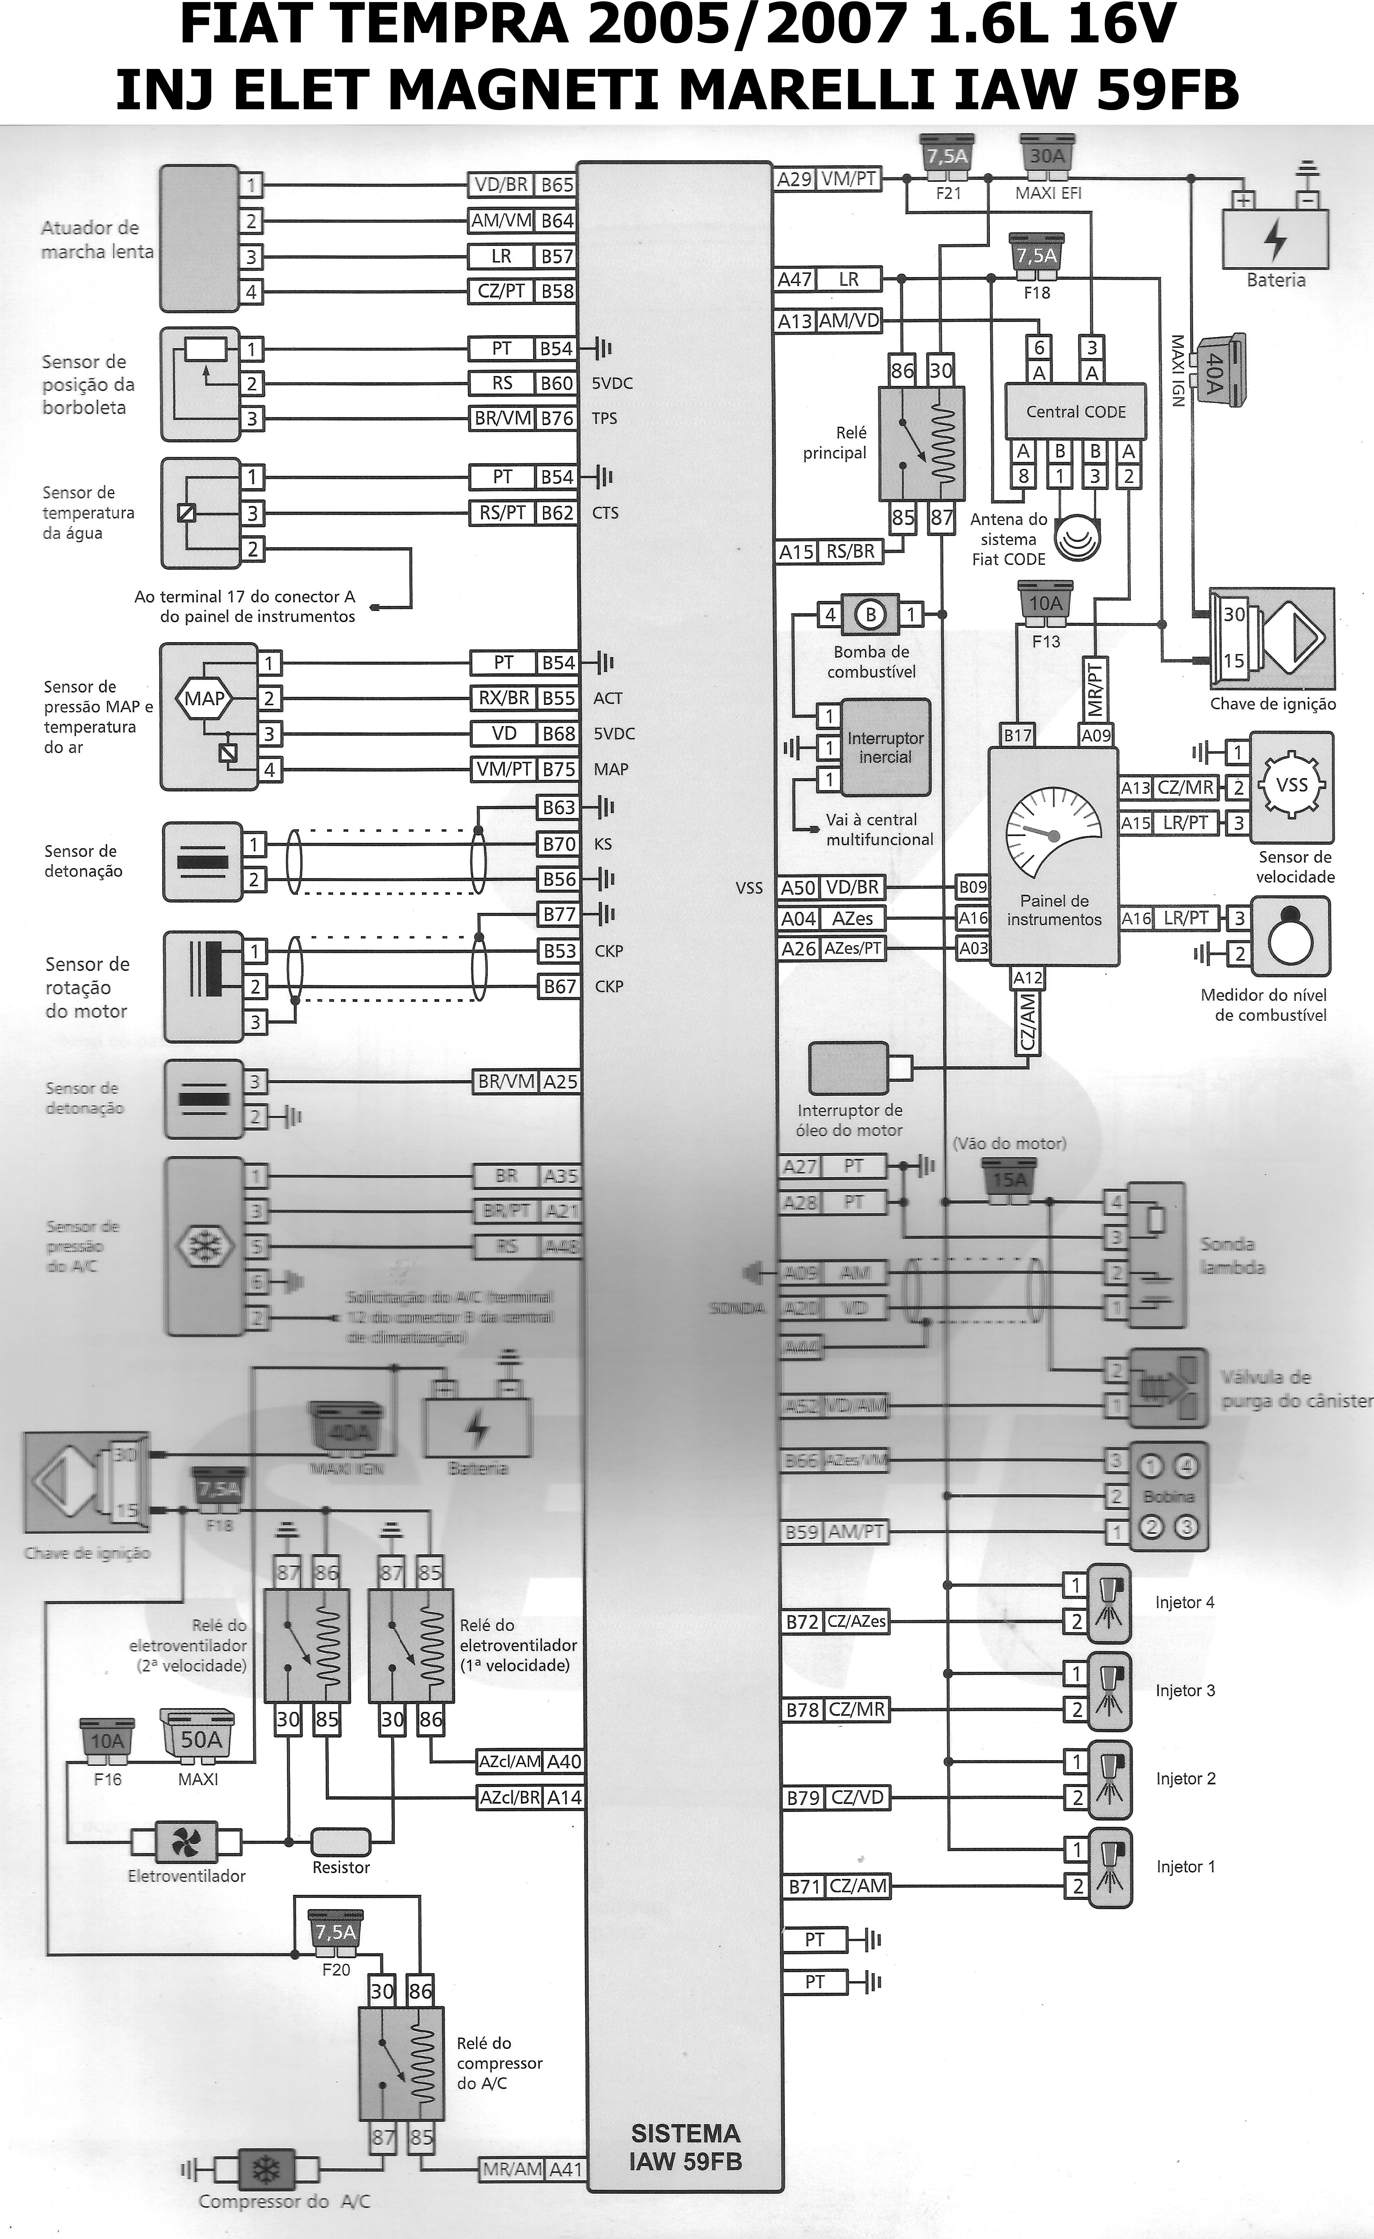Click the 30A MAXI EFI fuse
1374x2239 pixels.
coord(1047,156)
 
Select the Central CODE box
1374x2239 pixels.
coord(1075,412)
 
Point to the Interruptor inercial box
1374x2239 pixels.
coord(885,747)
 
